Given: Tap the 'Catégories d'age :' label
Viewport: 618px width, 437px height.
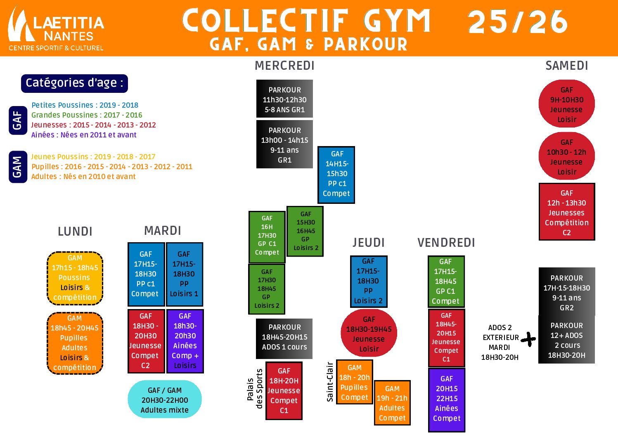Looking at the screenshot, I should tap(74, 83).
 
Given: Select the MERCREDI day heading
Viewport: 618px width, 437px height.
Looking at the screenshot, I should tap(284, 66).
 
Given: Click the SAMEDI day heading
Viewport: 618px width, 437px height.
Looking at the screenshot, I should tap(566, 66).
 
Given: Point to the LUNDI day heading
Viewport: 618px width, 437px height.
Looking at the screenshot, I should tap(75, 231).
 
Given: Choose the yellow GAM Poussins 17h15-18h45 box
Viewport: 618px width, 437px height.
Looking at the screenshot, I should tap(75, 278).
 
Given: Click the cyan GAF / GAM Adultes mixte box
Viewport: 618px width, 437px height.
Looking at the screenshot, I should tap(165, 399).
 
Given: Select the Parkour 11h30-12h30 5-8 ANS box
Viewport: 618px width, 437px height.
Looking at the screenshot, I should tap(284, 99).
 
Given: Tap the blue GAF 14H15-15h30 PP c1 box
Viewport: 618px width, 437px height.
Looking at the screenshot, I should tap(336, 174).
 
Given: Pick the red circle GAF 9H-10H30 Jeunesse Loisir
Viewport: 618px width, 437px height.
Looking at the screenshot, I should tap(566, 104).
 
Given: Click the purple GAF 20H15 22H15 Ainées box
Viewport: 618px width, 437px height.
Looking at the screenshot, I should tap(446, 399).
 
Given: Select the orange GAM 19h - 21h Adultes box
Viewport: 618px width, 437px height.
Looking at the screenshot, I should tap(392, 403).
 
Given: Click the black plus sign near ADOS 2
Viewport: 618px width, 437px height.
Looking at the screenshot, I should tap(528, 339).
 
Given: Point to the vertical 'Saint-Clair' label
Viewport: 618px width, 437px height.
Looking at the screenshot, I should tap(330, 382).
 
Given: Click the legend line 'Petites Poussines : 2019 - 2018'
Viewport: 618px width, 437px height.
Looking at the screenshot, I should tap(85, 105).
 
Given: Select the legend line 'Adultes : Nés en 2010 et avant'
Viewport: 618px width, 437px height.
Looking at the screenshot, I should tap(83, 177).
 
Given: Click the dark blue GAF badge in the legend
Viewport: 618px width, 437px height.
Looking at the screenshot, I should tap(17, 120).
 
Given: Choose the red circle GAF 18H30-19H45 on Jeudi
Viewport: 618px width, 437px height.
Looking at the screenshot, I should tap(369, 334).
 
